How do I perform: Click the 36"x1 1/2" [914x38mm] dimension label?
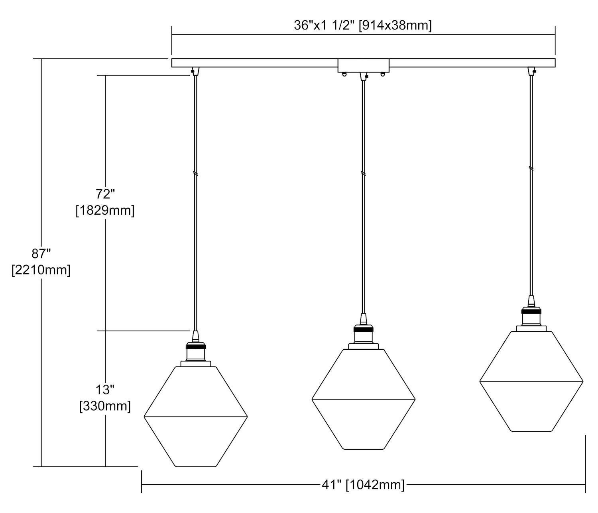(363, 25)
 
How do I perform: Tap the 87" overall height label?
(41, 253)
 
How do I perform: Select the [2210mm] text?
(41, 270)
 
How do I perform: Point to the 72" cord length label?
(105, 194)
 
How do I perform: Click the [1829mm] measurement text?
(105, 210)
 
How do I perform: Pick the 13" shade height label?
(105, 390)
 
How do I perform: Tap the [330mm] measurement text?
(105, 406)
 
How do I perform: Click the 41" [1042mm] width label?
(363, 485)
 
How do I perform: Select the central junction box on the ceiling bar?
(363, 66)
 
